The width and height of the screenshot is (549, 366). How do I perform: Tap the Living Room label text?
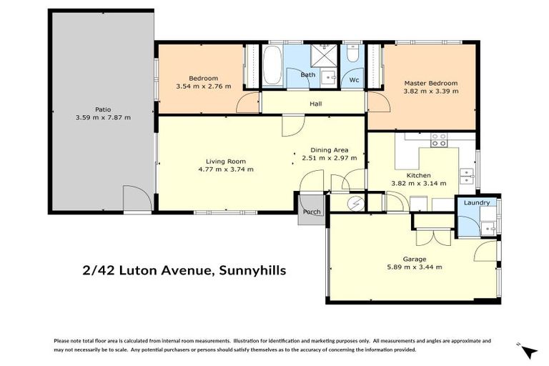(x=225, y=161)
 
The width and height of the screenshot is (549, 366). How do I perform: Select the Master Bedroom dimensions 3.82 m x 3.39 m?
(x=430, y=91)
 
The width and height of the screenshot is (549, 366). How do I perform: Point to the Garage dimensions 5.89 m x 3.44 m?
(x=414, y=267)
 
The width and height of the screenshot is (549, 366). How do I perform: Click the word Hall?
(x=315, y=104)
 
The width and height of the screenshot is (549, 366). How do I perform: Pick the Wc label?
(x=353, y=79)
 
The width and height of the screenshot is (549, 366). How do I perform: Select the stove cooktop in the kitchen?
(x=438, y=139)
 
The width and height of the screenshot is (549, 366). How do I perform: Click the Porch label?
(x=312, y=212)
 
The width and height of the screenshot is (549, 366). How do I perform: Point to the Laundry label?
(x=476, y=203)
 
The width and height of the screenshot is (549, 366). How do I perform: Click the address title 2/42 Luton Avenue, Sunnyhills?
(x=184, y=270)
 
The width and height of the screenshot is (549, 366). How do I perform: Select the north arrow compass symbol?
(x=528, y=352)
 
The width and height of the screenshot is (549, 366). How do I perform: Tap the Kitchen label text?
(x=418, y=174)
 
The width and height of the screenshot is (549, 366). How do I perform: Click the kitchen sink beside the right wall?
(x=467, y=172)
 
